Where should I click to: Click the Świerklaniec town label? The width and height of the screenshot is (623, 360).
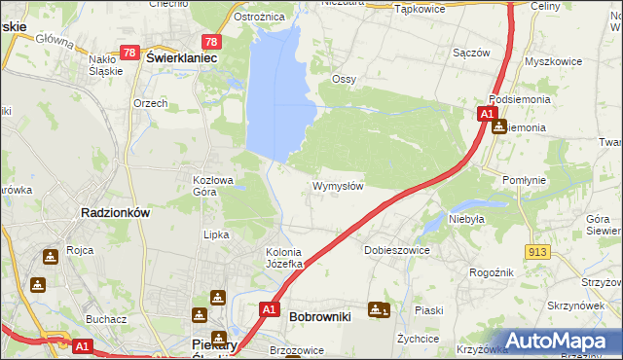tap(180, 58)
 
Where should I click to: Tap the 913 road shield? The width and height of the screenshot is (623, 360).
tap(534, 251)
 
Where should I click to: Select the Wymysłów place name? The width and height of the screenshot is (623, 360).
tap(338, 186)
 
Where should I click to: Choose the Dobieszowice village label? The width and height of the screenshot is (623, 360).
tap(396, 250)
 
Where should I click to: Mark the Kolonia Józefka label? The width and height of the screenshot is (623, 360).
tap(286, 258)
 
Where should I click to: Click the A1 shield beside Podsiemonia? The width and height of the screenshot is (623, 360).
tap(486, 115)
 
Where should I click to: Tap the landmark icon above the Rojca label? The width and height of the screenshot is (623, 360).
tap(51, 256)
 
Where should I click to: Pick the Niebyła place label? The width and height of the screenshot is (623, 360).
tap(466, 220)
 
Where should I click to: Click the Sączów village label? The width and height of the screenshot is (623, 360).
tap(471, 54)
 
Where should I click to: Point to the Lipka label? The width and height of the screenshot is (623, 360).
tap(215, 234)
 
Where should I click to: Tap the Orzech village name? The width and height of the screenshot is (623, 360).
tap(151, 103)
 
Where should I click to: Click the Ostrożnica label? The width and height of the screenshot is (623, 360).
tap(259, 18)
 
